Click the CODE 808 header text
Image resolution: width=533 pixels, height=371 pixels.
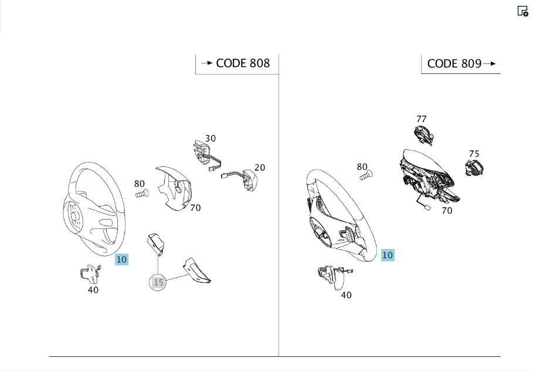[243, 63]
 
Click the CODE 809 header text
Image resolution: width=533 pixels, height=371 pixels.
[454, 63]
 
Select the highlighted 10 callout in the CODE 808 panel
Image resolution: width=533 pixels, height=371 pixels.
[121, 259]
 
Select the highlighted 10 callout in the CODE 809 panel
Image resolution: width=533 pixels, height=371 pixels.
[388, 255]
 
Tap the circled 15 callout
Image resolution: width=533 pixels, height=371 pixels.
[158, 282]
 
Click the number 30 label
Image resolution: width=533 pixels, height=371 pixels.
[211, 139]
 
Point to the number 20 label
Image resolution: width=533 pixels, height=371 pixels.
[260, 167]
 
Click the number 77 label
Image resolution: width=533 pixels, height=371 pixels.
[422, 119]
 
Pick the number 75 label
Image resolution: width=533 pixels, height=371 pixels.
[474, 154]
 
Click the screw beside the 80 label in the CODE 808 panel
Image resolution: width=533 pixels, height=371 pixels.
[142, 193]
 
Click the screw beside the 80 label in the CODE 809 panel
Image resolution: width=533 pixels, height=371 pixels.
[366, 176]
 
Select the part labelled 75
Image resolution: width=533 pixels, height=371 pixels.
[474, 168]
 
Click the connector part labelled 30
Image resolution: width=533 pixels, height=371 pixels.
[206, 156]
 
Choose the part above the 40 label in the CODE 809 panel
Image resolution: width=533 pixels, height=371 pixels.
[334, 276]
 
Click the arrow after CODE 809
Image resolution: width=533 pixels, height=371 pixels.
[490, 63]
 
